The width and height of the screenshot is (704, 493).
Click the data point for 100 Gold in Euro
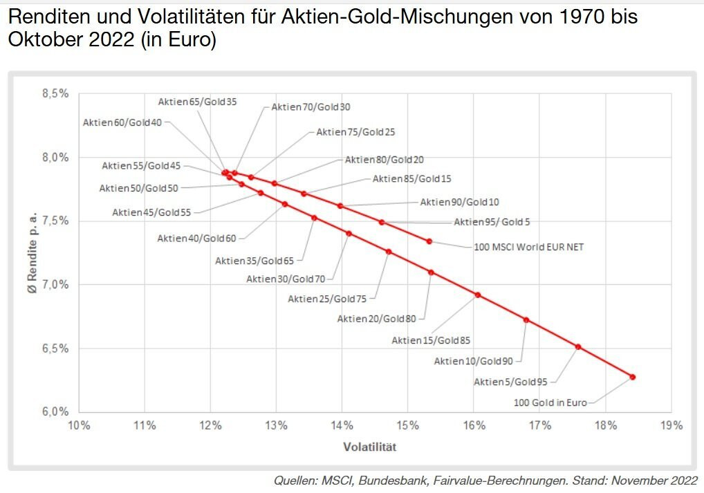tap(632, 377)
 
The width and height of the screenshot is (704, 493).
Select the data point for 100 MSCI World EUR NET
tap(429, 241)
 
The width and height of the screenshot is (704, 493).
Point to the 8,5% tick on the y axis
tap(55, 93)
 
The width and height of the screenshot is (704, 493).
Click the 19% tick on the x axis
tap(671, 425)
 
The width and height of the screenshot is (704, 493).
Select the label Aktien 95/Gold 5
tap(492, 222)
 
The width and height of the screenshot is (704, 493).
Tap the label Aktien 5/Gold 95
tap(510, 382)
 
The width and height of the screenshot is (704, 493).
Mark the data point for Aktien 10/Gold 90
tap(526, 319)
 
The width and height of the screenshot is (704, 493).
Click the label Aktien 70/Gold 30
tap(311, 107)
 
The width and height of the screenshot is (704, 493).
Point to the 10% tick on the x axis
tap(78, 425)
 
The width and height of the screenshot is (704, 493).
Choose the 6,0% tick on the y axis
tap(55, 412)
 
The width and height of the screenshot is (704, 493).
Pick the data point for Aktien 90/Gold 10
tap(340, 206)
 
